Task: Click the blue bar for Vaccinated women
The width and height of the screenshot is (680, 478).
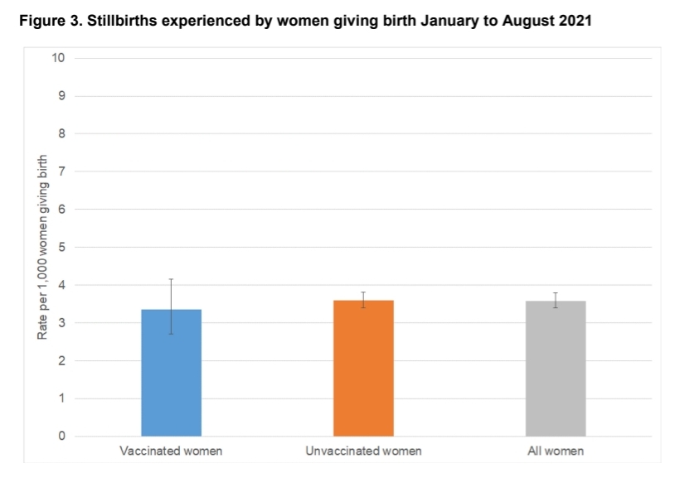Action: tap(172, 373)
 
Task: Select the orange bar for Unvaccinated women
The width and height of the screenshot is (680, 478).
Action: tap(363, 368)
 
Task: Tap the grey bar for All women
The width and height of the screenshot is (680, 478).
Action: tap(556, 369)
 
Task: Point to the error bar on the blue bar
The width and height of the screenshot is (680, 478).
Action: tap(172, 306)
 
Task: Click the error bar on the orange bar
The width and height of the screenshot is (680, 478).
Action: tap(363, 299)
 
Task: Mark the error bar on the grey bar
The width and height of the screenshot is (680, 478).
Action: tap(556, 300)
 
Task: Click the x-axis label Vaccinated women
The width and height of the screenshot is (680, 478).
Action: tap(171, 451)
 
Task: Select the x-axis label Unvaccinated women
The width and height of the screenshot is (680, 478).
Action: tap(363, 451)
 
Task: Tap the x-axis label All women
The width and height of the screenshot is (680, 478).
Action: tap(556, 451)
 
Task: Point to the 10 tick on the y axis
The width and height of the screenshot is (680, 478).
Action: tap(59, 58)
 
